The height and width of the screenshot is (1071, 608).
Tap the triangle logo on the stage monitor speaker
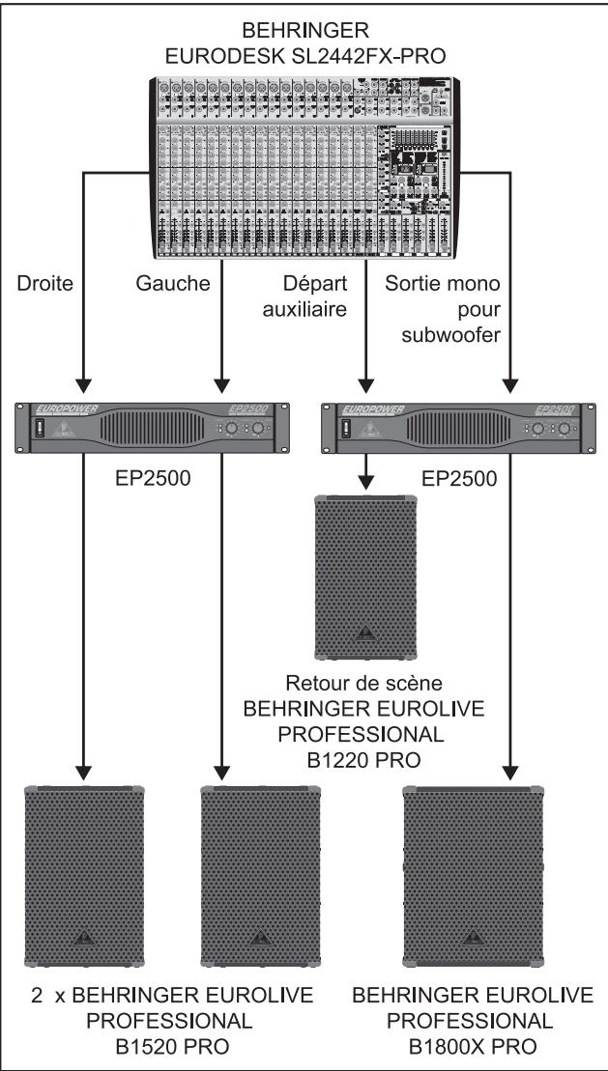click(x=364, y=636)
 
